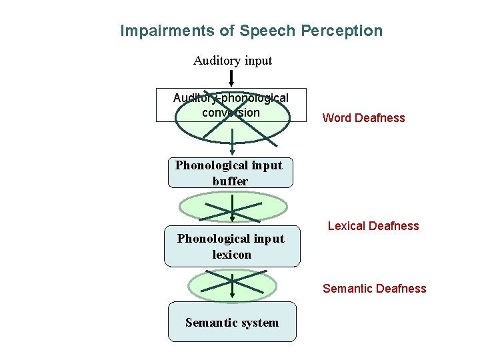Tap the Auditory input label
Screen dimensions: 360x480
(x=233, y=61)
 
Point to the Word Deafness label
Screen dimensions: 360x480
(x=363, y=118)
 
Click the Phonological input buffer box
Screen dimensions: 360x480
(x=229, y=173)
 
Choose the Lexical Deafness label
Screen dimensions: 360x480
(x=373, y=226)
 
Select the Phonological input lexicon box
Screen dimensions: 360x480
(x=231, y=246)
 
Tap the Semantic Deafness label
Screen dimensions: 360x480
(x=374, y=289)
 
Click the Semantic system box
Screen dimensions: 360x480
(x=231, y=322)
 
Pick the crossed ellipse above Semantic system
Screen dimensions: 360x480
(x=231, y=285)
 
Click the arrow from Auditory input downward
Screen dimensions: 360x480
(x=231, y=79)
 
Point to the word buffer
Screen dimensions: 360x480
(x=230, y=181)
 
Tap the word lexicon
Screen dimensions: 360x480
(x=232, y=254)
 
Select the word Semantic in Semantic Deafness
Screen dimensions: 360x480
(x=347, y=289)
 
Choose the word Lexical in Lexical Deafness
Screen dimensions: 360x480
(x=347, y=226)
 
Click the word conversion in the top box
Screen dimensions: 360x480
(x=231, y=113)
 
